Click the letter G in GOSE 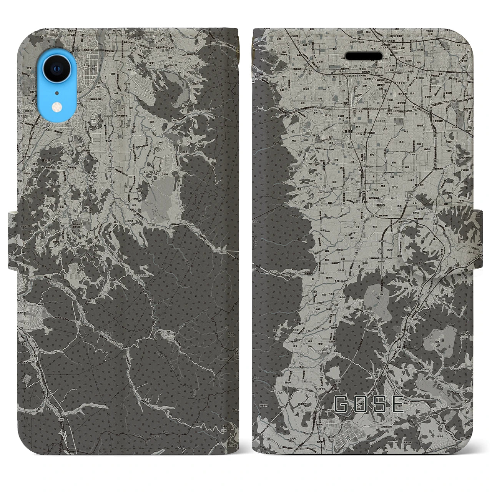click(341, 404)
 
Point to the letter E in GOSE click(398, 404)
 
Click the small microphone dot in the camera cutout click(57, 92)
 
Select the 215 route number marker click(372, 315)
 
